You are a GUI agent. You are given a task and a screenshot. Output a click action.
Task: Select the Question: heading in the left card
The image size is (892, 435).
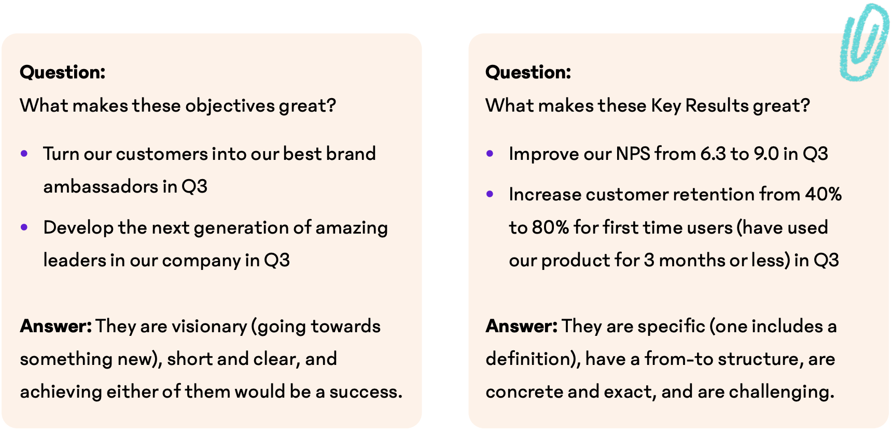point(63,72)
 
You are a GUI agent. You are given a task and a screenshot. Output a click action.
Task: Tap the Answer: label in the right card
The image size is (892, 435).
point(522,326)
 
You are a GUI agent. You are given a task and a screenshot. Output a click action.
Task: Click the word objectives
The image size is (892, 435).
point(230,106)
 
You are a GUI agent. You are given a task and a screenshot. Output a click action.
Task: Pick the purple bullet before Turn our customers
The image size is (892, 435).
point(24,154)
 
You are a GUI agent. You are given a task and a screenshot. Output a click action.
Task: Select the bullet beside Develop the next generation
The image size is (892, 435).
point(24,227)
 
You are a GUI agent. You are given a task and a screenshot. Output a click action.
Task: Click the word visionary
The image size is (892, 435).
point(210,327)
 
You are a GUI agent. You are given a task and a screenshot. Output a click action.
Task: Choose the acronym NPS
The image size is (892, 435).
point(633,154)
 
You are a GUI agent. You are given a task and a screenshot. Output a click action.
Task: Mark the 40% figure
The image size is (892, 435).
point(824,195)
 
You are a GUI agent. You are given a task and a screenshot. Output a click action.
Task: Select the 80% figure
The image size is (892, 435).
point(551,228)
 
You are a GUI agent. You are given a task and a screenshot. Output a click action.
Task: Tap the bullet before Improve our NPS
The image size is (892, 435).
point(490,154)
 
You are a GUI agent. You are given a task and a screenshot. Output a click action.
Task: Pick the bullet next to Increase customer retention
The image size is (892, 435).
point(490,194)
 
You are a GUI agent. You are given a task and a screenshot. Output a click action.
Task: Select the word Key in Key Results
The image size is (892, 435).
point(666,106)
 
